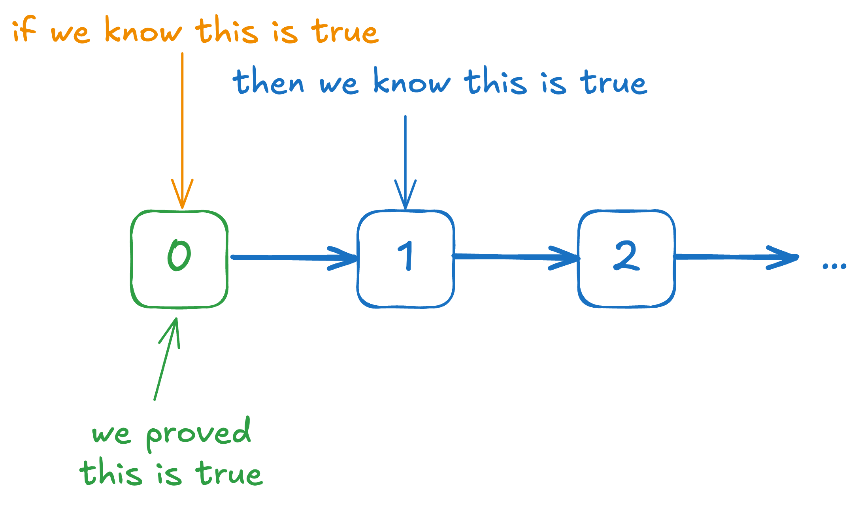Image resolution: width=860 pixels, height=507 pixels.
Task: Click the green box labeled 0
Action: click(179, 259)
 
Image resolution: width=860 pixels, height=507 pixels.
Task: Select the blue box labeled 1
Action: click(406, 259)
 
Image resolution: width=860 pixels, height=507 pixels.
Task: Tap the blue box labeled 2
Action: click(627, 259)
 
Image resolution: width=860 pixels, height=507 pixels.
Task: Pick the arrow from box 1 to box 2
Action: click(516, 257)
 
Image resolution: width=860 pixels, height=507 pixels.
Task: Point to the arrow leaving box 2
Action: click(735, 257)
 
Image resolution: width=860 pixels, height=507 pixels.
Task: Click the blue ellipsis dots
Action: click(834, 266)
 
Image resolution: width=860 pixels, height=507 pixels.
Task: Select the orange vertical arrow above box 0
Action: click(182, 131)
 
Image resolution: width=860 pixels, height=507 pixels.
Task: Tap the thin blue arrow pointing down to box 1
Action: click(405, 162)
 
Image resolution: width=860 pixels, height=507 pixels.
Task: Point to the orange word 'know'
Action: click(143, 31)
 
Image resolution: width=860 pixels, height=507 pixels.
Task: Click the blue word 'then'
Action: click(269, 82)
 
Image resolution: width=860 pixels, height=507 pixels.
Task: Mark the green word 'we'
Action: click(111, 435)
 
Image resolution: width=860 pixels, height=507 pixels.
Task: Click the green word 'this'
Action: click(111, 472)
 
